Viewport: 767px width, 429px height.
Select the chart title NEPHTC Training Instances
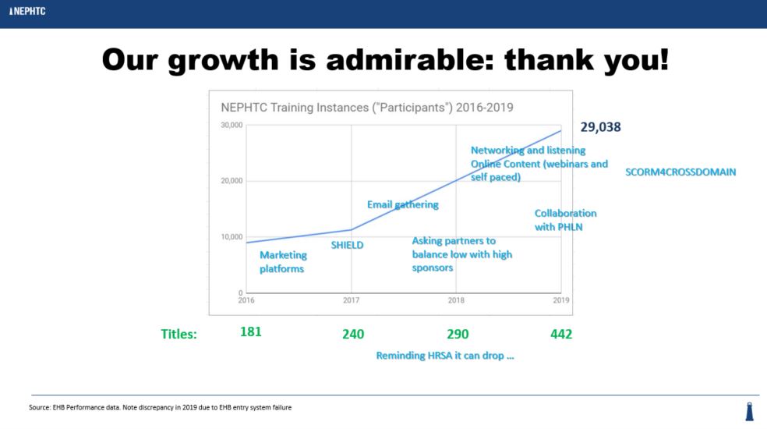[x=366, y=108]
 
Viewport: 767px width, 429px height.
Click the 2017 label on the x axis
[x=351, y=300]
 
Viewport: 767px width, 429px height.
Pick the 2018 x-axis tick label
[x=456, y=300]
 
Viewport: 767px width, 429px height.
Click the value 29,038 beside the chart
[x=600, y=127]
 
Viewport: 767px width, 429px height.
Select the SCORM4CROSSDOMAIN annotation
[x=680, y=172]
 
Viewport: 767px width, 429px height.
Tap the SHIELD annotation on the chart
[x=348, y=245]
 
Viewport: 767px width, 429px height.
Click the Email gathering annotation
[x=403, y=204]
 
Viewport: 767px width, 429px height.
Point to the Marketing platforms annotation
[x=283, y=261]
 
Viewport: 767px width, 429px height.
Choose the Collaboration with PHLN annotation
[x=565, y=220]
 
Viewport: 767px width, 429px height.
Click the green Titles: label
[x=178, y=334]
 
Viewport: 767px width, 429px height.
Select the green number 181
[x=251, y=331]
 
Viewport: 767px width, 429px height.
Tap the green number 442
[x=561, y=334]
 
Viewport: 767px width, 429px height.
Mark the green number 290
[x=458, y=334]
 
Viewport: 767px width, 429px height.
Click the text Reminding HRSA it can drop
[x=445, y=356]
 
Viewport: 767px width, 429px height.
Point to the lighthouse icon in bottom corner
[x=750, y=412]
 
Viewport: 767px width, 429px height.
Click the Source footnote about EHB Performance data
[x=160, y=407]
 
